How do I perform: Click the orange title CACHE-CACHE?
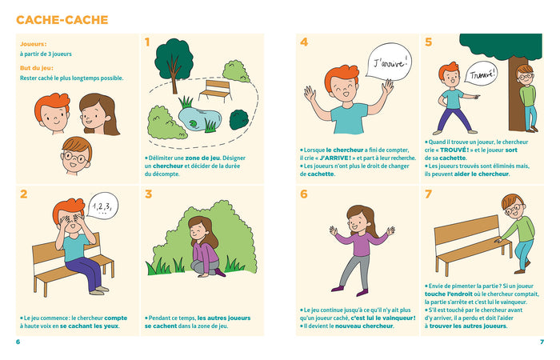pos(62,20)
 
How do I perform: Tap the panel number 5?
pos(428,42)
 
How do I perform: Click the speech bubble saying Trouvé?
pos(482,74)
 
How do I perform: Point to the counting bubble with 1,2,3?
pos(102,206)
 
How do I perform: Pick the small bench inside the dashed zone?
pos(216,90)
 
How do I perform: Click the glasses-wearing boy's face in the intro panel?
pos(77,156)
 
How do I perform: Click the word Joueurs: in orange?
pos(34,44)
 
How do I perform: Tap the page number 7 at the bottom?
pos(542,342)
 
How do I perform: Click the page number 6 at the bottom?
pos(18,342)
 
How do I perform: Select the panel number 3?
pos(148,194)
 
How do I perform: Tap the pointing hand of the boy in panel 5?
pos(476,96)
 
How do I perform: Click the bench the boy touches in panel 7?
pos(472,244)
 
